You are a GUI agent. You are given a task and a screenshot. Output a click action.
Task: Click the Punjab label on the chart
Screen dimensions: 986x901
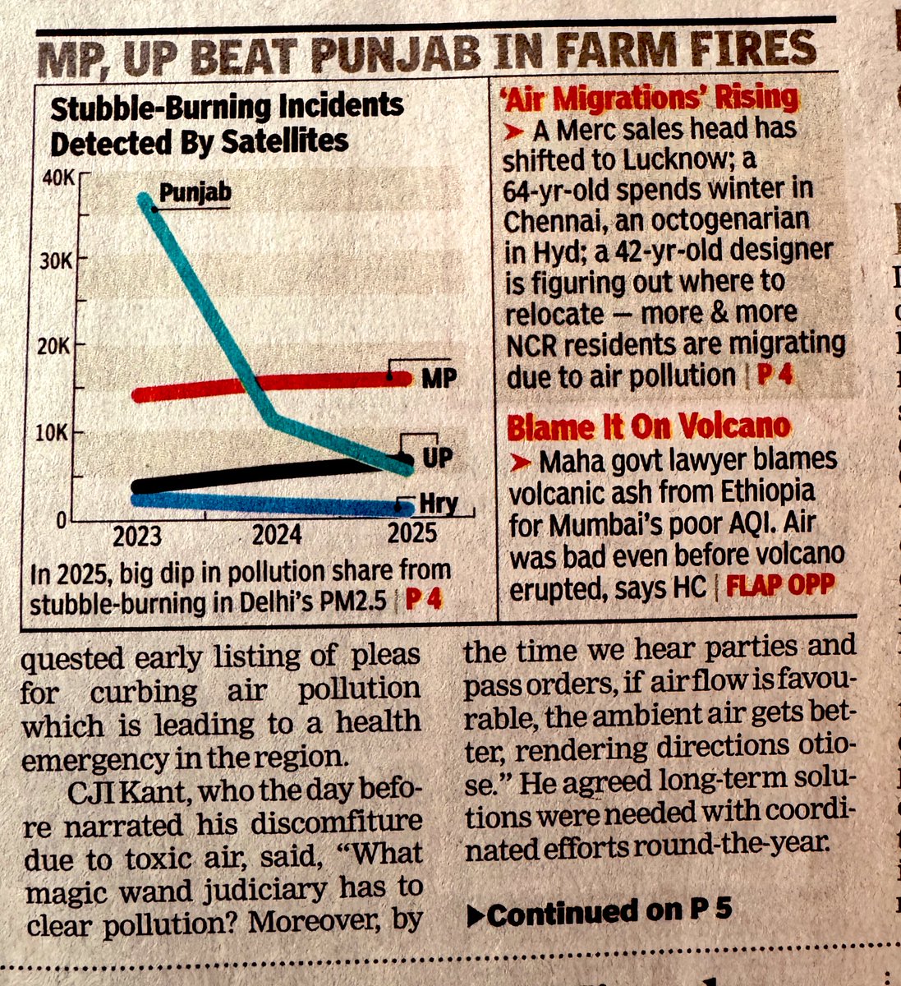pyautogui.click(x=195, y=194)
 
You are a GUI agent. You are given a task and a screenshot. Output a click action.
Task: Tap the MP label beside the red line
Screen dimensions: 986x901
pyautogui.click(x=439, y=380)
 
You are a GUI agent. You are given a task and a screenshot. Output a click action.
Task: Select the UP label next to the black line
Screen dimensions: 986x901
pyautogui.click(x=437, y=457)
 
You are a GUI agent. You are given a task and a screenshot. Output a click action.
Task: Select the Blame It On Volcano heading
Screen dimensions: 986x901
pyautogui.click(x=649, y=427)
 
